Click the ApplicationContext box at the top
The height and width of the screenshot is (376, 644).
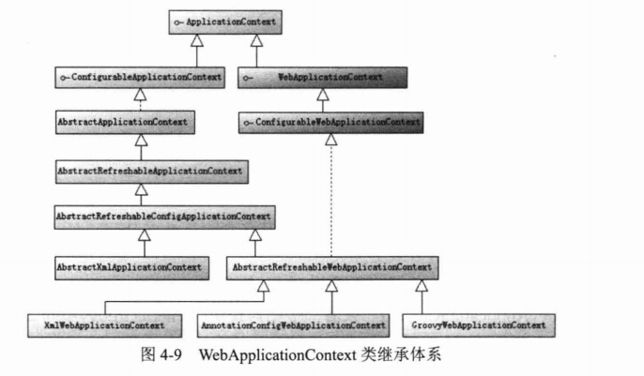(x=225, y=23)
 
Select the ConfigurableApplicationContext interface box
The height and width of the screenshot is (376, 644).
(x=140, y=78)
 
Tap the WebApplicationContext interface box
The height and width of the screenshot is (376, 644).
(x=322, y=78)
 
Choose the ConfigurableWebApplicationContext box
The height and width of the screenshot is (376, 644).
(x=331, y=122)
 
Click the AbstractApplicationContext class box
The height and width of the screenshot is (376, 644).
(x=125, y=122)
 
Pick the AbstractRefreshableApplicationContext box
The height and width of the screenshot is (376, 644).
(x=152, y=172)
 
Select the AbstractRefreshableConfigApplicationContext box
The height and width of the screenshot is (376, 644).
(x=164, y=217)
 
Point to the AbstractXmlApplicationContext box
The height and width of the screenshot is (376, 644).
(x=131, y=268)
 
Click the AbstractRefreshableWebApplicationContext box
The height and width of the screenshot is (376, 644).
(x=332, y=268)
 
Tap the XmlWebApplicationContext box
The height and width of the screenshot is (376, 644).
(x=105, y=326)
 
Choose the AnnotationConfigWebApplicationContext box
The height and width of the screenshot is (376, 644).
(x=293, y=326)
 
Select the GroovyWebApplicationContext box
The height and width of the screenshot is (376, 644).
(x=479, y=326)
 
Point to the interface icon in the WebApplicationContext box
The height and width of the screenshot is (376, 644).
(x=247, y=78)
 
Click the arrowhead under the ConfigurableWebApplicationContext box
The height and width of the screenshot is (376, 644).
(x=331, y=140)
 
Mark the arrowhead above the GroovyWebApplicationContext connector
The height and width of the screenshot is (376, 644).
(x=422, y=286)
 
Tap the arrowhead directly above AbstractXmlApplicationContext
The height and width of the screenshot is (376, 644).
(x=145, y=235)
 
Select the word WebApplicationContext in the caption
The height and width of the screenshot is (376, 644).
(x=278, y=355)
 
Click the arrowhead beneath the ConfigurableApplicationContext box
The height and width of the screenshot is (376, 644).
(x=140, y=95)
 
